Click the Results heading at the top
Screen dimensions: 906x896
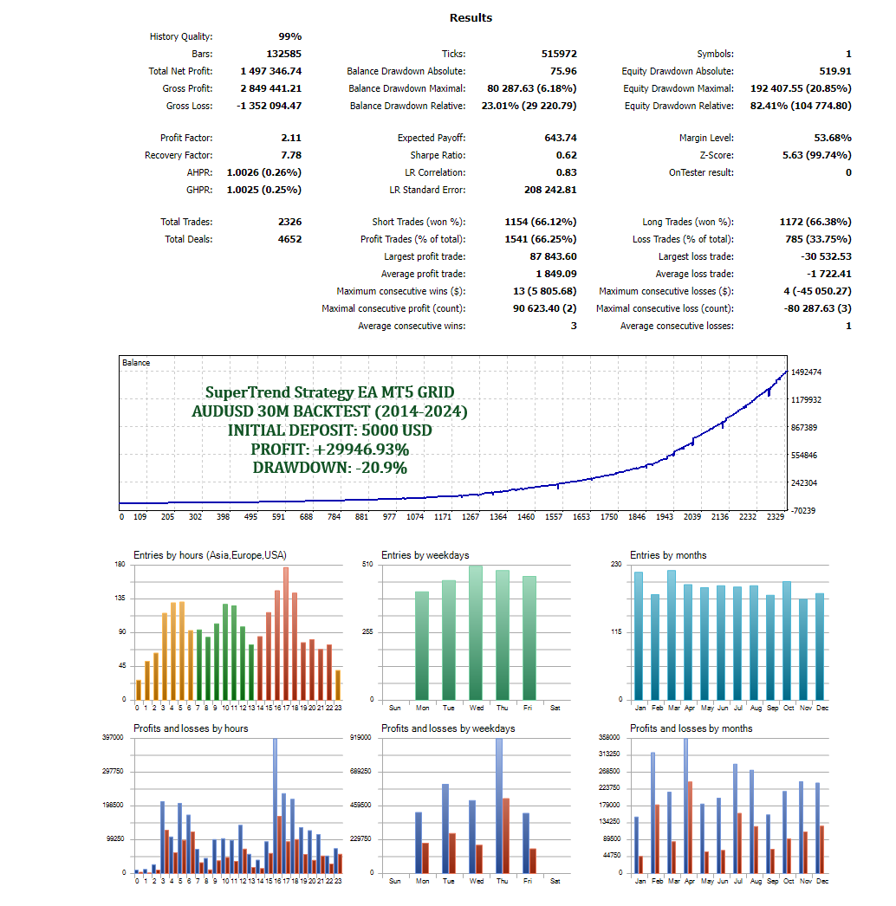click(x=471, y=17)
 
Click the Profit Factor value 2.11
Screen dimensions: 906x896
click(x=291, y=138)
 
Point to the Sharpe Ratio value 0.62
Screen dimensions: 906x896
click(x=566, y=155)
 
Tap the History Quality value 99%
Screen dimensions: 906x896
click(x=289, y=36)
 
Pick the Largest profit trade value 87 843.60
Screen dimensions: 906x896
click(x=552, y=256)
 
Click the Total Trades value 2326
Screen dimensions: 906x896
click(x=289, y=222)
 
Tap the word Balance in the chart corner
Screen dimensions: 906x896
click(x=136, y=362)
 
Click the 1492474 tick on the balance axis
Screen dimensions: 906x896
click(x=807, y=372)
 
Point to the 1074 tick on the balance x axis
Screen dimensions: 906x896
click(x=416, y=517)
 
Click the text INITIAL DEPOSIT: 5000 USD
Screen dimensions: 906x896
click(x=329, y=430)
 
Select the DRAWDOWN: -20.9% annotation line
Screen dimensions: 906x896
click(x=329, y=468)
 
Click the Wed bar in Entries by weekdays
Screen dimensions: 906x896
click(x=476, y=632)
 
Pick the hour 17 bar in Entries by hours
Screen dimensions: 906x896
click(x=286, y=633)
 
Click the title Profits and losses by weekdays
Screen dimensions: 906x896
click(x=448, y=728)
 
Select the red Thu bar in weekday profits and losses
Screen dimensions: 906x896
click(x=505, y=835)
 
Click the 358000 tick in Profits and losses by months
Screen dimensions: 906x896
click(x=610, y=737)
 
